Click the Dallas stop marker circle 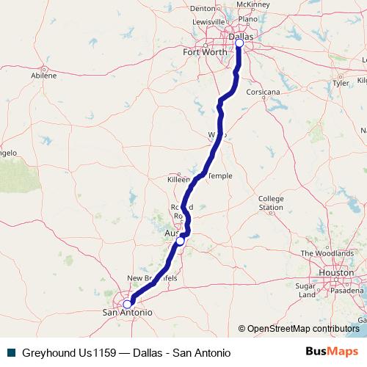pos(239,43)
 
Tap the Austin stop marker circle pos(180,241)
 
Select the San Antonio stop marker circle pos(127,304)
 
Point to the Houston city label pos(335,272)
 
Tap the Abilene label pos(43,75)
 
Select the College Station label pos(270,203)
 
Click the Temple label pos(220,176)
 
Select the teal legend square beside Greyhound pos(10,352)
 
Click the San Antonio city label pos(126,313)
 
